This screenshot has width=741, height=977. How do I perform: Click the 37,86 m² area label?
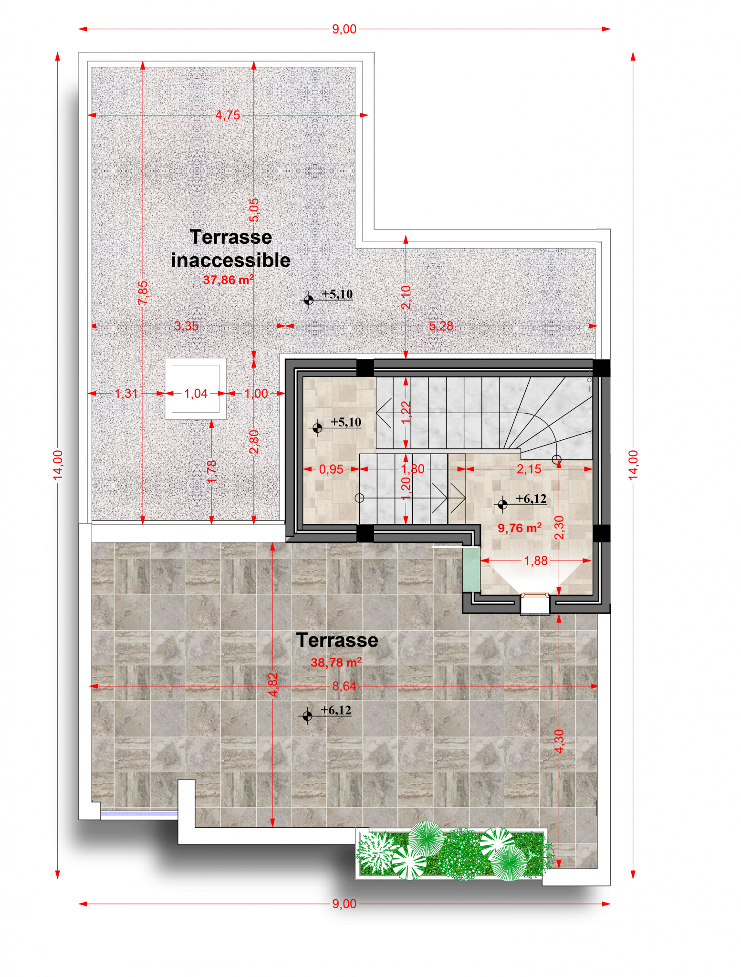[x=228, y=280]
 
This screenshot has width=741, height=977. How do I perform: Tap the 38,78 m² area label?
[x=336, y=662]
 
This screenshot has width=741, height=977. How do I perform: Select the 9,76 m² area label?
[x=520, y=528]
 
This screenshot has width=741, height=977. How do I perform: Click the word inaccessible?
[x=231, y=260]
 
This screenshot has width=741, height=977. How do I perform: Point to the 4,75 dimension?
[x=228, y=115]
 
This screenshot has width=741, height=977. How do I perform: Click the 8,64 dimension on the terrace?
[x=344, y=686]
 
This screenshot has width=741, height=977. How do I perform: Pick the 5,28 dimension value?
[x=441, y=326]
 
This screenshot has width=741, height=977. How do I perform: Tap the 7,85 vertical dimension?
[x=143, y=292]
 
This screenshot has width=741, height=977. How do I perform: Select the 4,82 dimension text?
[x=273, y=684]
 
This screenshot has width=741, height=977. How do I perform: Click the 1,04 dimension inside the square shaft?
[x=196, y=394]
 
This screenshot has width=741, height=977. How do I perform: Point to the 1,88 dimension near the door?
[x=536, y=561]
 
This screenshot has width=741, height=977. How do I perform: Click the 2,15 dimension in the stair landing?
[x=529, y=469]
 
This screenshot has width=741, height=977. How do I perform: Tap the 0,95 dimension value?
[x=331, y=469]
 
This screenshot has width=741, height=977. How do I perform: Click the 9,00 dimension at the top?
[x=344, y=29]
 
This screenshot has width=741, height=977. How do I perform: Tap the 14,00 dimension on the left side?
[x=58, y=465]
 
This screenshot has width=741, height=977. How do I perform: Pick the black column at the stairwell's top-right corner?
[x=601, y=368]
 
